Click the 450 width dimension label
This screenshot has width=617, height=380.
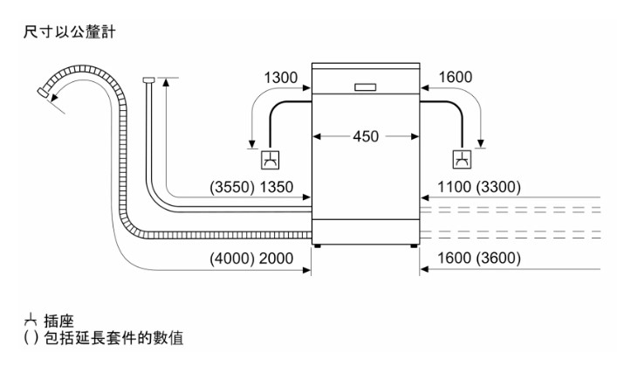point(367,137)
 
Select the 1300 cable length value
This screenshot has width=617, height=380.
point(281,78)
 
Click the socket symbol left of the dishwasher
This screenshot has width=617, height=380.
point(271,159)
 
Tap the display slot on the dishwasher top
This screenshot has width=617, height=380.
point(367,86)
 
